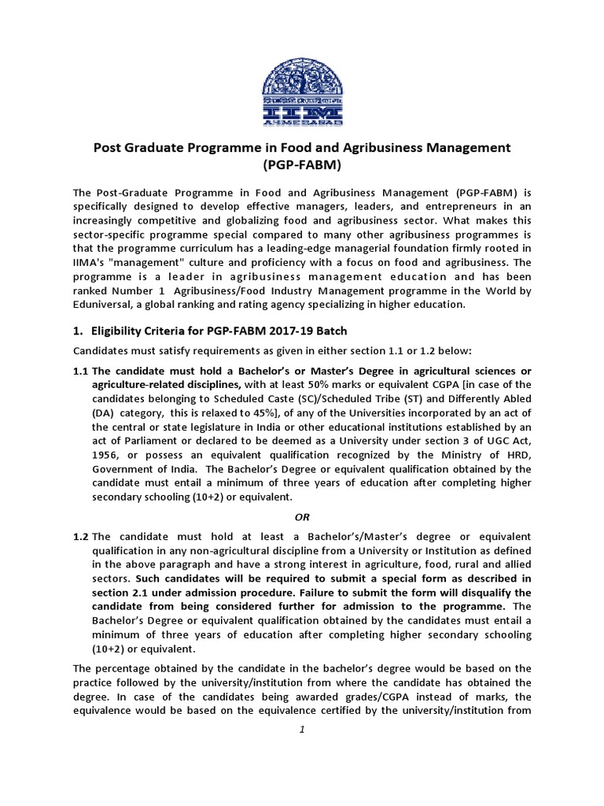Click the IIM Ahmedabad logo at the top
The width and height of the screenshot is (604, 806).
tap(303, 81)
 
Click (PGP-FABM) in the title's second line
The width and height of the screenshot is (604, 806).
tap(302, 166)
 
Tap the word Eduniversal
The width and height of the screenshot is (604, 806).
tap(105, 305)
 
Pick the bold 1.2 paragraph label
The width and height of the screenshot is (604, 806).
tap(81, 535)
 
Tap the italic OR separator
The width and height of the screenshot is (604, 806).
tap(302, 516)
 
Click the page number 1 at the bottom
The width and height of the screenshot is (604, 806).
tap(302, 730)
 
